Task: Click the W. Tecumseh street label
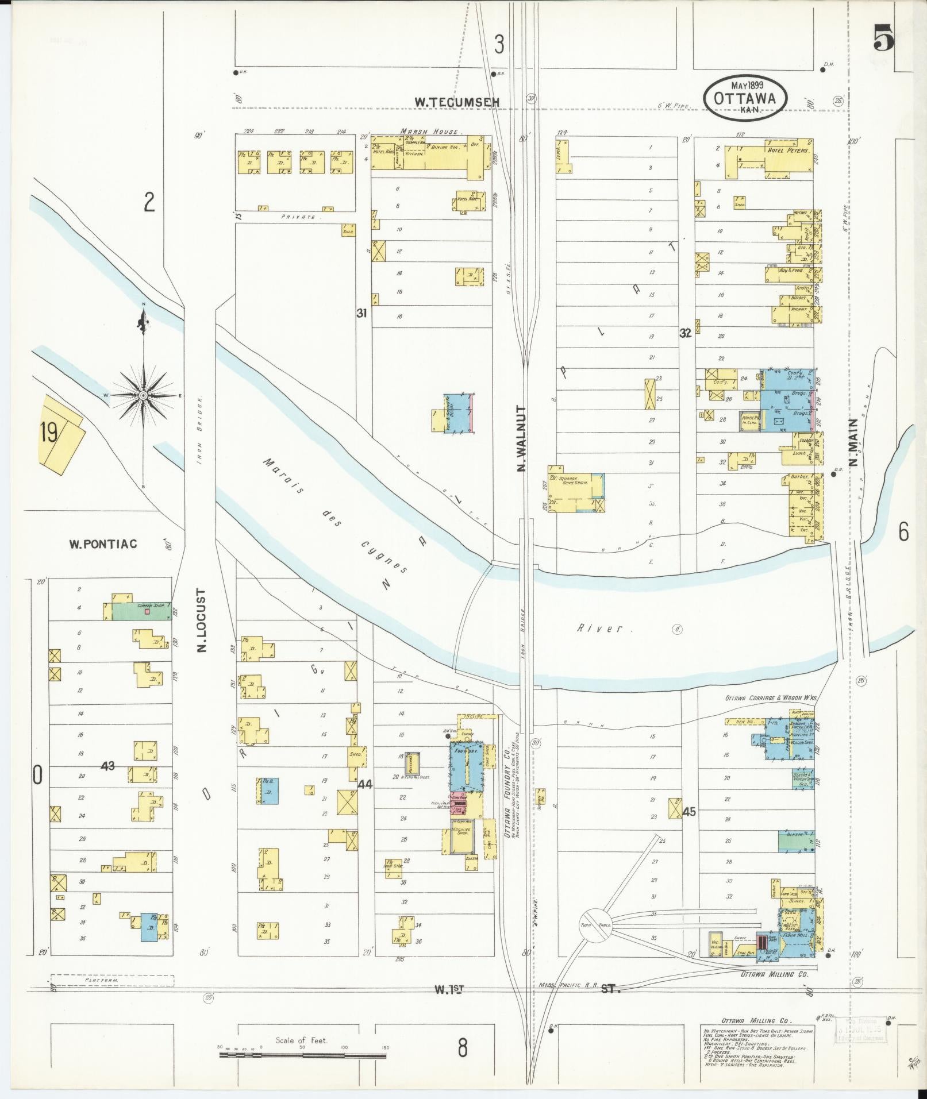tap(457, 102)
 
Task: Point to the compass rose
tap(143, 396)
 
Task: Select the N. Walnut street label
tap(522, 439)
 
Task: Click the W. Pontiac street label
tap(103, 543)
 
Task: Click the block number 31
tap(361, 314)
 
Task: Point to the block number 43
tap(107, 766)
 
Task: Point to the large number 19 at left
tap(49, 433)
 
